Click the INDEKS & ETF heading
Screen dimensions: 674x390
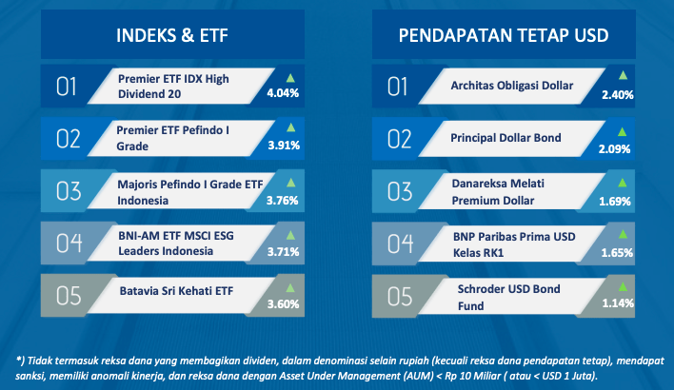tap(172, 35)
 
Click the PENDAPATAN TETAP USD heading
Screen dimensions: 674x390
tap(504, 35)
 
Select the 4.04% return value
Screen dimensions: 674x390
tap(283, 93)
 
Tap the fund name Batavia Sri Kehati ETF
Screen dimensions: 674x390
tap(176, 291)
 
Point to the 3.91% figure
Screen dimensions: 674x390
tap(284, 146)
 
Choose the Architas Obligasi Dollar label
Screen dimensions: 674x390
tap(512, 86)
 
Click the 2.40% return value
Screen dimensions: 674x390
tap(617, 94)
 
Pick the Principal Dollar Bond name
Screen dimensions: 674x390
tap(506, 138)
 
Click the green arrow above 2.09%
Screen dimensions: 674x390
tap(622, 131)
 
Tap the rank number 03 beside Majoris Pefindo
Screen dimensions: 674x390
tap(69, 191)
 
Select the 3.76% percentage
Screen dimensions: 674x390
tap(282, 200)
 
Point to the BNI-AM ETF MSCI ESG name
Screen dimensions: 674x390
tap(176, 236)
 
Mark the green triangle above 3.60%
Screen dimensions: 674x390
tap(290, 288)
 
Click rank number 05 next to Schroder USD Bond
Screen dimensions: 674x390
tap(400, 297)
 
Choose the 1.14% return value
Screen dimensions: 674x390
tap(618, 303)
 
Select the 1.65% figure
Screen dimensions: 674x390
tap(617, 253)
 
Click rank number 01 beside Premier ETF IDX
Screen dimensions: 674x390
tap(67, 87)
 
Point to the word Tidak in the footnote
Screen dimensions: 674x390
tap(40, 361)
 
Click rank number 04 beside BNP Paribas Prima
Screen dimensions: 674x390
tap(400, 244)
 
